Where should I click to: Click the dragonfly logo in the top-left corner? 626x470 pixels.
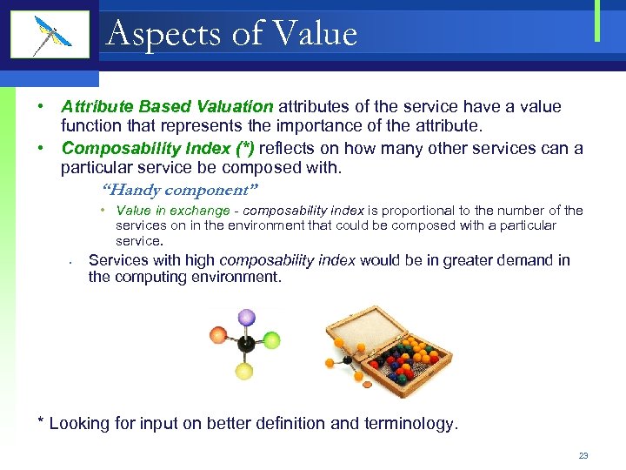point(50,35)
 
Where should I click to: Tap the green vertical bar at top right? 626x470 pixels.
point(597,21)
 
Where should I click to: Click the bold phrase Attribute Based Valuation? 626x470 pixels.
point(167,107)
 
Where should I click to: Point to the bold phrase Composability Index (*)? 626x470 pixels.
point(157,148)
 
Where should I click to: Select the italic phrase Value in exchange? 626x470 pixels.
point(172,211)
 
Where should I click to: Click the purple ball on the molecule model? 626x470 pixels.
point(247,317)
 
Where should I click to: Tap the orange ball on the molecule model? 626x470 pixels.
point(217,335)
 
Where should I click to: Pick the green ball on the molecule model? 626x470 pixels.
point(271,339)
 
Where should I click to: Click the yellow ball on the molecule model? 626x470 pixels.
point(244,372)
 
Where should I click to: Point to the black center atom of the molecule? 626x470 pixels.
point(247,345)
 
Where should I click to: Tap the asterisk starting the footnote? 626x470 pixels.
point(40,422)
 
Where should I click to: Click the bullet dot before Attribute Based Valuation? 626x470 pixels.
point(41,107)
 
